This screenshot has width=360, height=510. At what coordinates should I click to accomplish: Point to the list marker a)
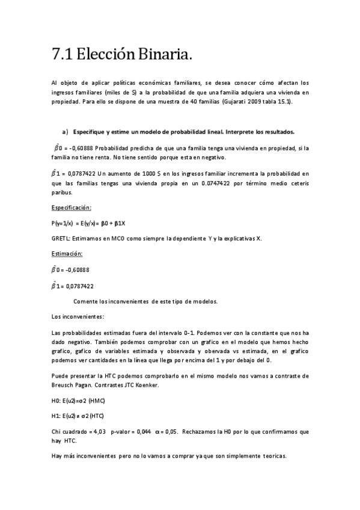[x=65, y=132]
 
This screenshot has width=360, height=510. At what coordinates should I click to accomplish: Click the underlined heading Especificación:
[x=71, y=207]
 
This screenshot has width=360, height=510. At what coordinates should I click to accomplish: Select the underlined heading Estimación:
[x=67, y=254]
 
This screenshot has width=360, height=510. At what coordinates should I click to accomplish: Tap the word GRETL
[x=61, y=238]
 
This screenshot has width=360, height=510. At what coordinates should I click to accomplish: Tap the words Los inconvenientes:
[x=78, y=316]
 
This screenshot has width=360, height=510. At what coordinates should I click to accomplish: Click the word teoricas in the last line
[x=274, y=456]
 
